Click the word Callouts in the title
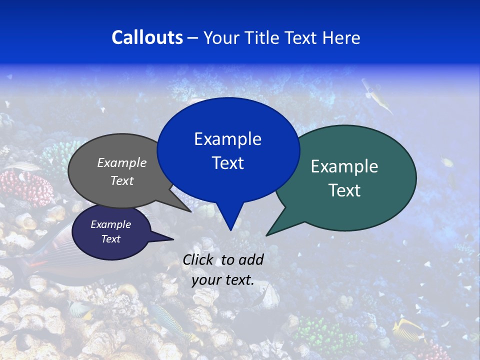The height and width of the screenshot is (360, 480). pyautogui.click(x=147, y=37)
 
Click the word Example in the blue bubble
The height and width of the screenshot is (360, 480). pyautogui.click(x=227, y=139)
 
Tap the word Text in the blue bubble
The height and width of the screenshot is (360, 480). pyautogui.click(x=227, y=163)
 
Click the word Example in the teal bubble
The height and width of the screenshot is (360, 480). pyautogui.click(x=344, y=166)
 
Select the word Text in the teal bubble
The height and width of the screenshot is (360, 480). pyautogui.click(x=344, y=190)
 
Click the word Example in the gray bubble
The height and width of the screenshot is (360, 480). pyautogui.click(x=122, y=162)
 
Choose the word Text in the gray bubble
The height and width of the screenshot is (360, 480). pyautogui.click(x=122, y=180)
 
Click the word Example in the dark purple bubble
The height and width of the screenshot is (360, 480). pyautogui.click(x=110, y=224)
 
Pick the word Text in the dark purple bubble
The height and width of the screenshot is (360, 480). pyautogui.click(x=110, y=239)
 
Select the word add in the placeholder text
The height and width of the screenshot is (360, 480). pyautogui.click(x=250, y=259)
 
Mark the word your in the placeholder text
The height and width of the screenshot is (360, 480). pyautogui.click(x=205, y=280)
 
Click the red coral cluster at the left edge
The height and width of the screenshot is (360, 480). pyautogui.click(x=27, y=187)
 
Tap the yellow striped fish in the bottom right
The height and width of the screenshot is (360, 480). pyautogui.click(x=407, y=330)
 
